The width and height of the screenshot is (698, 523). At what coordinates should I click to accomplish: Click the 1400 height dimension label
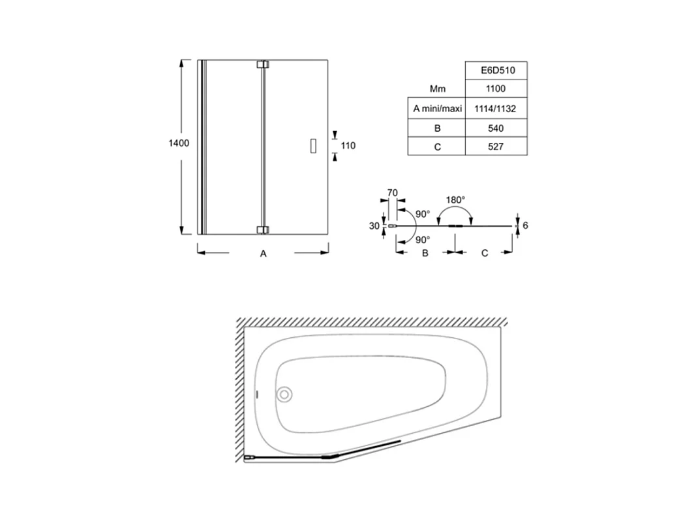tap(179, 143)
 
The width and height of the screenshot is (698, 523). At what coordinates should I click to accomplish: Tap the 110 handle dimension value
tap(348, 145)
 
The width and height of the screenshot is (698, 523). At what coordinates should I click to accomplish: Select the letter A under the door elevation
tap(263, 254)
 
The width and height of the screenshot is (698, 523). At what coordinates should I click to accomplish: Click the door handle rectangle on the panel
tap(313, 146)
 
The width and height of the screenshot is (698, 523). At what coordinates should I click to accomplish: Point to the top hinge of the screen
tap(263, 64)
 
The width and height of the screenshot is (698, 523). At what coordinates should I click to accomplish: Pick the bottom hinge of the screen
tap(263, 230)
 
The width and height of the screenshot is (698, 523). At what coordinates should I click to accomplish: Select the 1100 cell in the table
tap(496, 89)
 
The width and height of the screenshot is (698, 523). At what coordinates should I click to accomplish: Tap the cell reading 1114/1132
tap(496, 109)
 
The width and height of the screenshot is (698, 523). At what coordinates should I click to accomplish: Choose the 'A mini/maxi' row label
tap(437, 109)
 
